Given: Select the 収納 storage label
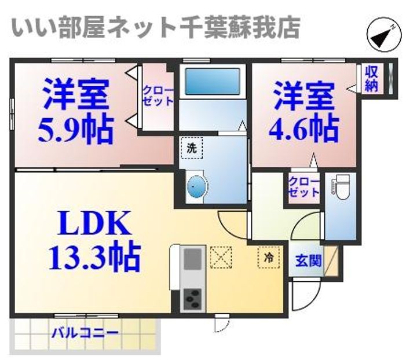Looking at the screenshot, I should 372,79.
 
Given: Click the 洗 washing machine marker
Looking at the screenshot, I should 192,147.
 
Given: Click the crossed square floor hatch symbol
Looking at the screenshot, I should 221,256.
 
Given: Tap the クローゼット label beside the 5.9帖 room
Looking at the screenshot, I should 158,95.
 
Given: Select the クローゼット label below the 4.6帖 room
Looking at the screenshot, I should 305,186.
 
